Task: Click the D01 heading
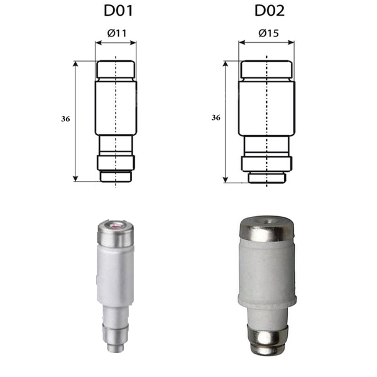(x=118, y=11)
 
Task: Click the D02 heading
(x=270, y=11)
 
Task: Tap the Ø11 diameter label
(x=117, y=33)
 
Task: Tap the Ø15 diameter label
(x=268, y=33)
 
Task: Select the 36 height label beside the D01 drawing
(x=65, y=119)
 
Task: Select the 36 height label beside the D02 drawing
(x=216, y=117)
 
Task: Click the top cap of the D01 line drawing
(x=116, y=69)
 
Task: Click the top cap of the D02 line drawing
(x=266, y=69)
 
